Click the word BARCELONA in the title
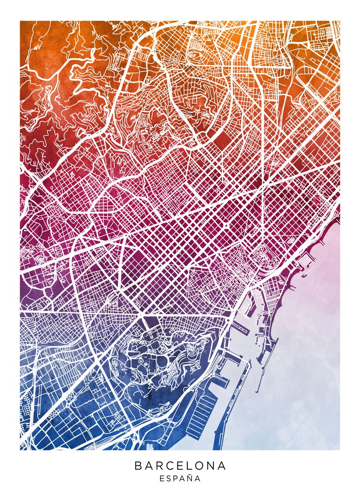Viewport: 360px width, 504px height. pos(180,466)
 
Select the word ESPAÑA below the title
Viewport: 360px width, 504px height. pos(180,478)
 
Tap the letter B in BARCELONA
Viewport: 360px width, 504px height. pos(138,466)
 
